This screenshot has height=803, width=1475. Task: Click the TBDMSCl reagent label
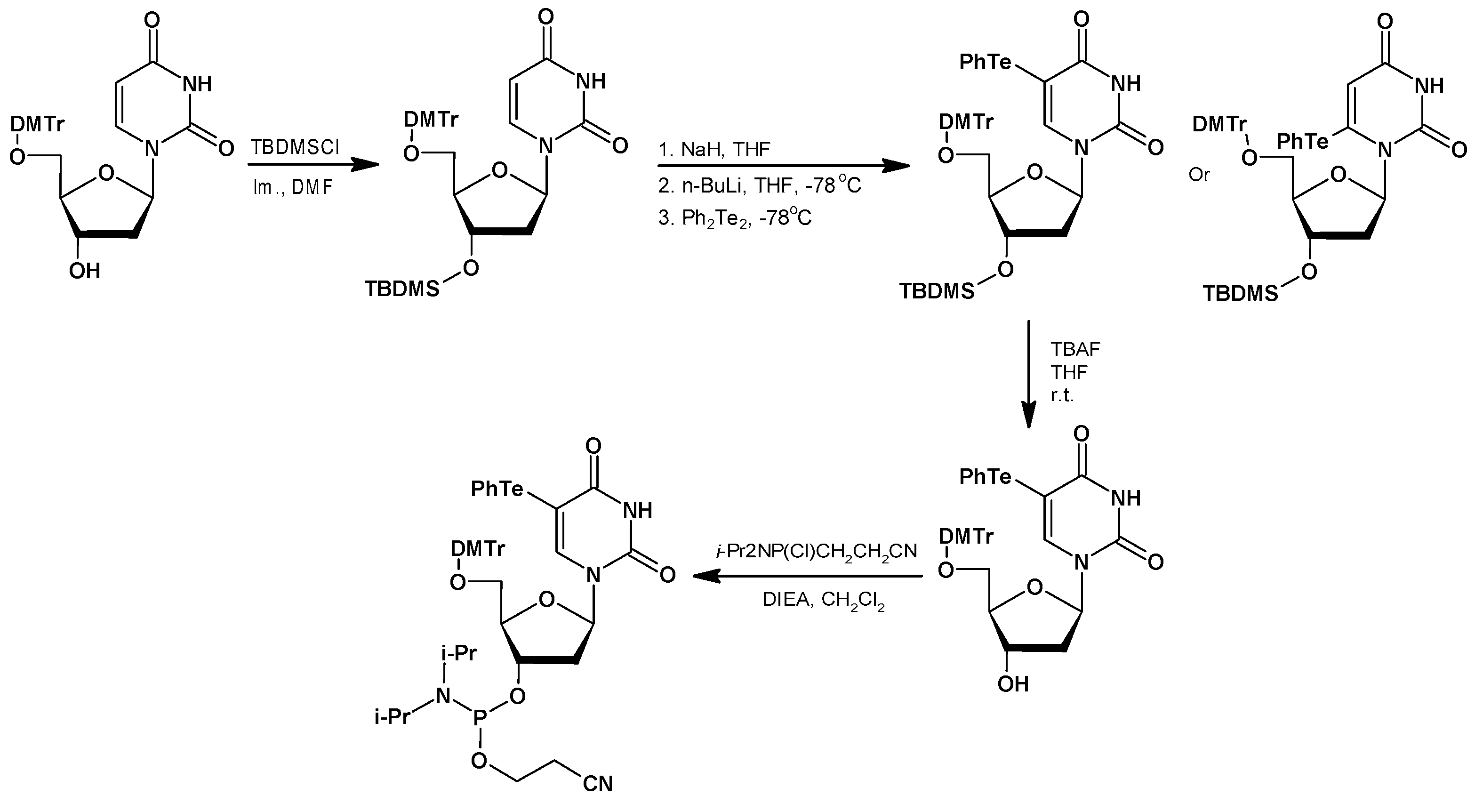[296, 147]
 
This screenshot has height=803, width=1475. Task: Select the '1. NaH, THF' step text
[714, 150]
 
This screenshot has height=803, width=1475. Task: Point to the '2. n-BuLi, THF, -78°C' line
[759, 185]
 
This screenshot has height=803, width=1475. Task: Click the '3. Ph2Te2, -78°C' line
[735, 218]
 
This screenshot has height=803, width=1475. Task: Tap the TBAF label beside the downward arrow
[1075, 349]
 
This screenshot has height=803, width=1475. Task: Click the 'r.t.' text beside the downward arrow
[1062, 396]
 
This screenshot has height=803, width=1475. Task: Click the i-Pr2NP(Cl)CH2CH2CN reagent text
[816, 551]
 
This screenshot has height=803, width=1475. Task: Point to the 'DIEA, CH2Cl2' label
[823, 600]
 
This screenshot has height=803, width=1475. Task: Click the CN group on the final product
[597, 784]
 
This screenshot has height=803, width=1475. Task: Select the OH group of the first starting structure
[84, 270]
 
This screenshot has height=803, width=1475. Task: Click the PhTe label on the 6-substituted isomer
[1303, 141]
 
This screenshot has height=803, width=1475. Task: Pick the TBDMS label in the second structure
[402, 290]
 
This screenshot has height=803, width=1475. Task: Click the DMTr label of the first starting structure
[37, 124]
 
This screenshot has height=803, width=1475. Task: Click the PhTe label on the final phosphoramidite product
[497, 489]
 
